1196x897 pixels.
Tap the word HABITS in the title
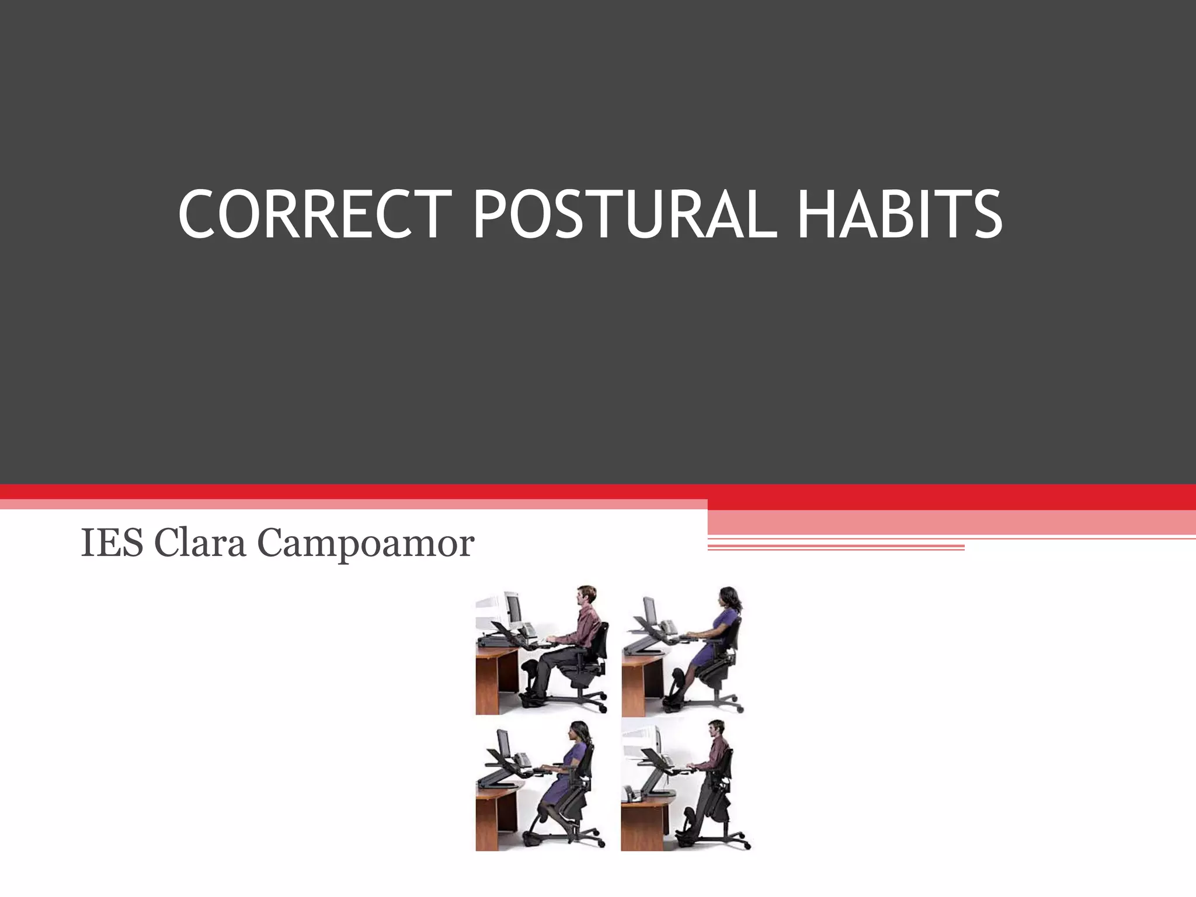[899, 214]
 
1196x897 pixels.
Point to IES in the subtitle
[112, 543]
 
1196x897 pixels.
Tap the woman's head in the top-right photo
[729, 598]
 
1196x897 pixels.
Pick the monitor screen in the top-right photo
[651, 611]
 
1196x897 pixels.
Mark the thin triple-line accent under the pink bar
[835, 547]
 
